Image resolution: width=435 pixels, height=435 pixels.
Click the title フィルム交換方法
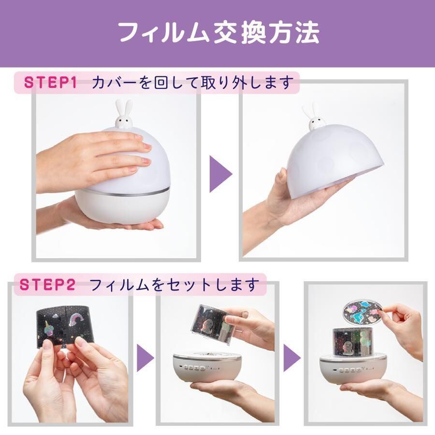click(219, 33)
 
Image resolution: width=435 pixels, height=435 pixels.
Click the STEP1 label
click(50, 82)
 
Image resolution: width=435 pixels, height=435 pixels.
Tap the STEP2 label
click(47, 285)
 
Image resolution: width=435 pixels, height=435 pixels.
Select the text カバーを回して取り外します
click(192, 83)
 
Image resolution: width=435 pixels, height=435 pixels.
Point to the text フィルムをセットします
click(174, 285)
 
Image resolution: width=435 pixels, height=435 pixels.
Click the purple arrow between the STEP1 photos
click(220, 174)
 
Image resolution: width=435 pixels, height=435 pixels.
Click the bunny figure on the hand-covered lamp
click(124, 115)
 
